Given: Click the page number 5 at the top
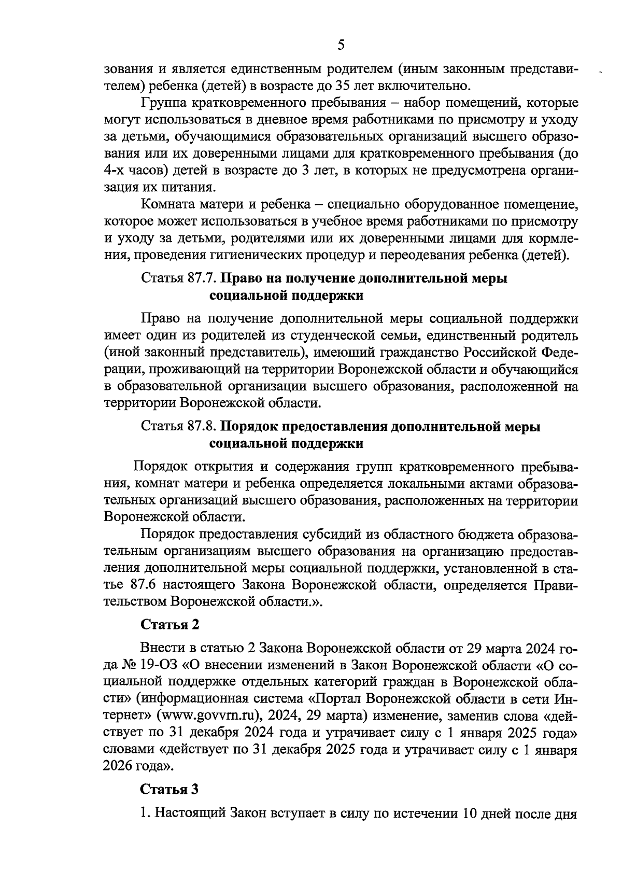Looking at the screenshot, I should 341,45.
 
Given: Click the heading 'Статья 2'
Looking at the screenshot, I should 170,624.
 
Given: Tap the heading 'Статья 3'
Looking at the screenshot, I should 170,789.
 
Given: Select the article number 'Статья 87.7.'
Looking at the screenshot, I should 178,278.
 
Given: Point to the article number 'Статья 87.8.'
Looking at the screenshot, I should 178,427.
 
